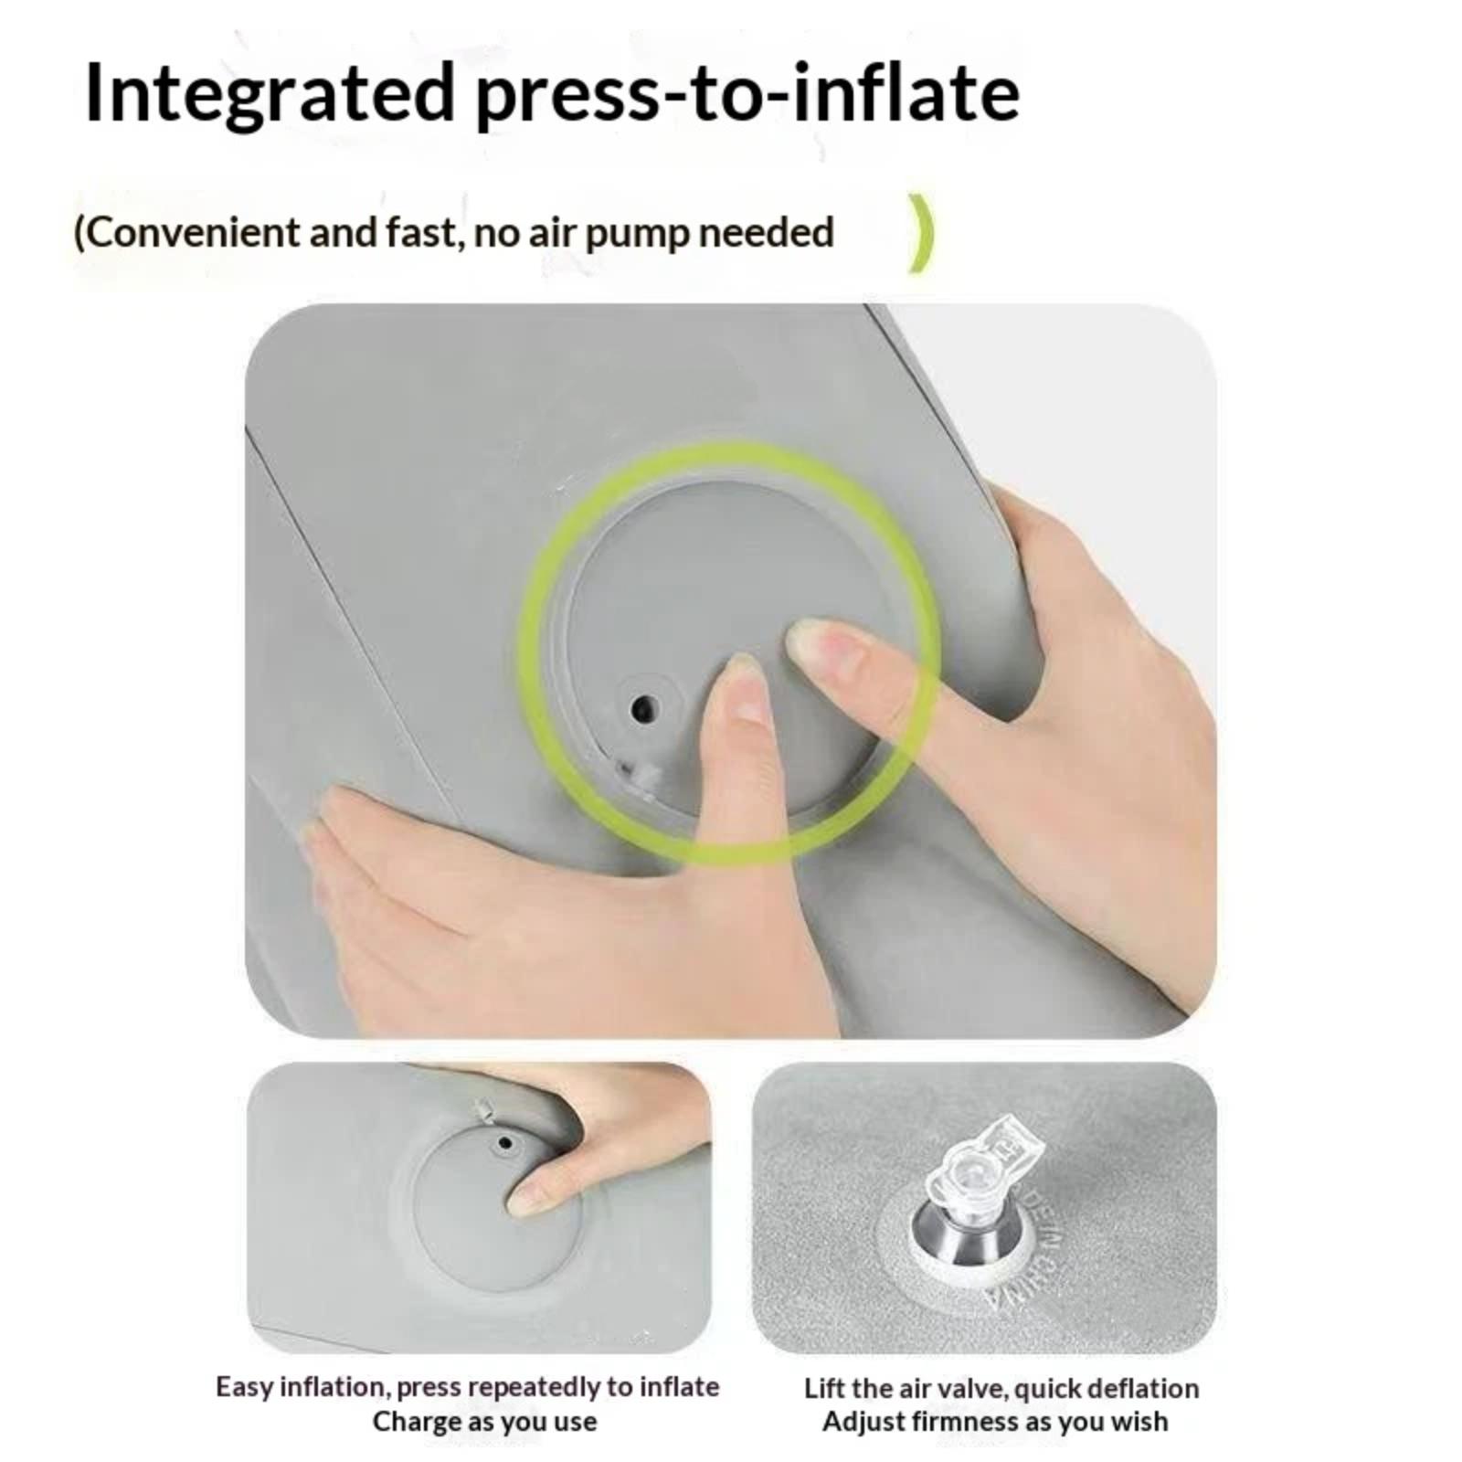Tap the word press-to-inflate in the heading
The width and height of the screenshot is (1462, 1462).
tap(747, 95)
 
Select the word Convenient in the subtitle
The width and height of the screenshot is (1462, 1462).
tap(187, 232)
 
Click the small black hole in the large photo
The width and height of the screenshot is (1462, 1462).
tap(645, 706)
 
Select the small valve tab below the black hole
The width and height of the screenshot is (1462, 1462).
tap(640, 777)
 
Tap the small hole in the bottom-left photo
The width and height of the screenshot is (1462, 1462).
tap(503, 1142)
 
